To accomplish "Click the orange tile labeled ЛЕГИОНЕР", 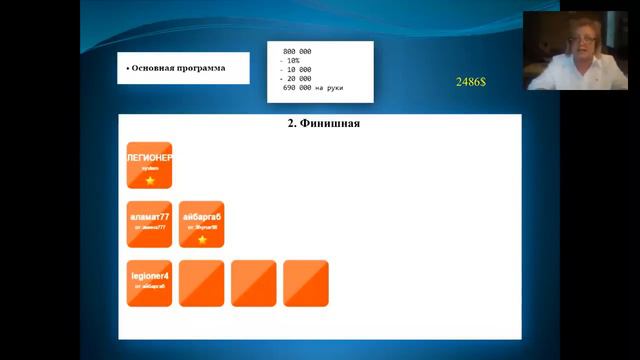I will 149,164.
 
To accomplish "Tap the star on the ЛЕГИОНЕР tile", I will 150,180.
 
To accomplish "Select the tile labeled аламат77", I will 149,223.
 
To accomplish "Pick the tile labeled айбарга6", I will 201,223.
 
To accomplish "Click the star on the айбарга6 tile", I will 202,240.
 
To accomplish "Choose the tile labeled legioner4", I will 149,283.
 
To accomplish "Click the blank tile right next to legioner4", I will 201,283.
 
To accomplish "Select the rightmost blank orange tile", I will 305,283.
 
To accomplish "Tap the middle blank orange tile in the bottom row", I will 253,283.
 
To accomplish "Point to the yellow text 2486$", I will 470,81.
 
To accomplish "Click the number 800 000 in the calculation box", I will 297,51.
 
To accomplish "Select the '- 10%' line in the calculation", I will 292,60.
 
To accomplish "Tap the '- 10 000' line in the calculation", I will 295,69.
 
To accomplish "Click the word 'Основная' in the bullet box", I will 153,68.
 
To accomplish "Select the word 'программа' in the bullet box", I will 200,68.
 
